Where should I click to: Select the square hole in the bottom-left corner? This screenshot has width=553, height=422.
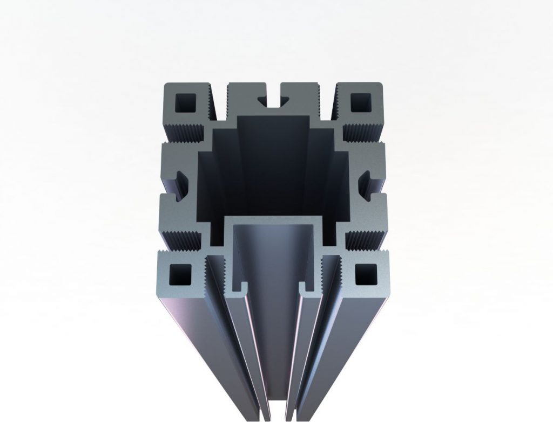point(177,275)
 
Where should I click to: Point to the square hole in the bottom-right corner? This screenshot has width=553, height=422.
point(367,275)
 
